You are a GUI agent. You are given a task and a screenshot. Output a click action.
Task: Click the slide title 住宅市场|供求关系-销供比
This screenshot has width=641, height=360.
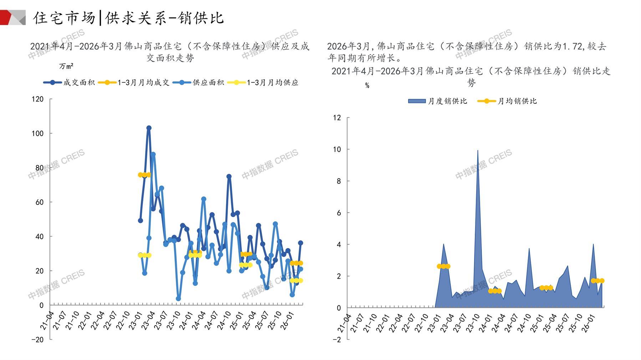coord(128,18)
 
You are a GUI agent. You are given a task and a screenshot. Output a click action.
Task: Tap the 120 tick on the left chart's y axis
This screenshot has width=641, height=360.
coord(38,99)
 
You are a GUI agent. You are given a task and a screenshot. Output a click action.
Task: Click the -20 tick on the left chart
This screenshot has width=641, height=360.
coord(37,340)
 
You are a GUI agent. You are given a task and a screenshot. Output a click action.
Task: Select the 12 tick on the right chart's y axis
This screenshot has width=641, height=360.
coord(337,118)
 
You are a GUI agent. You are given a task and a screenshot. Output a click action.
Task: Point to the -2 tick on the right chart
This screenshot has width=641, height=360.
coord(336,340)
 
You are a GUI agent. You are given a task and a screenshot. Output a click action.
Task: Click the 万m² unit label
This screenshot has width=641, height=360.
coord(66,66)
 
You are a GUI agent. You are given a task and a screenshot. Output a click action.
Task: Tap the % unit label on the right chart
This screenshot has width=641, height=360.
coord(367,86)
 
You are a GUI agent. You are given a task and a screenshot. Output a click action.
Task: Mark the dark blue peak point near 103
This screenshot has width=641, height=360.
coord(149,128)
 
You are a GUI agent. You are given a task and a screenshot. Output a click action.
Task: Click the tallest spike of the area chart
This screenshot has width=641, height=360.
coord(478,151)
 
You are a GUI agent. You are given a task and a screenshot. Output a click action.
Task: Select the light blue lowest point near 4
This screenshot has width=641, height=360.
coord(178,299)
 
